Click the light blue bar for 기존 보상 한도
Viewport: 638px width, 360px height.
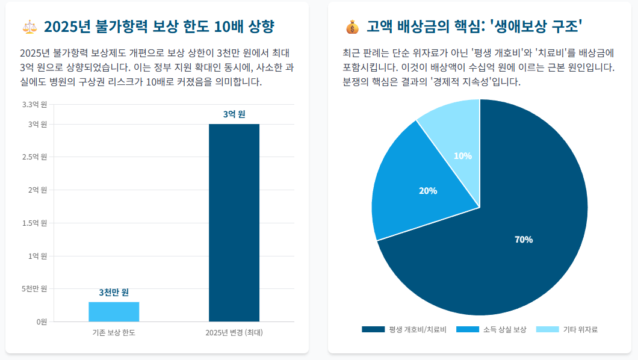click(114, 311)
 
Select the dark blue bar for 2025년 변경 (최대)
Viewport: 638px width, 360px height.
click(234, 223)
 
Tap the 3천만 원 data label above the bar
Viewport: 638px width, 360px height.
click(114, 293)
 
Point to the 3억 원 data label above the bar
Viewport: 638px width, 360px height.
click(234, 114)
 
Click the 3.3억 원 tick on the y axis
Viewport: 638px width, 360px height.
click(34, 105)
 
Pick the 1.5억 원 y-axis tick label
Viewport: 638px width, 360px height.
click(34, 223)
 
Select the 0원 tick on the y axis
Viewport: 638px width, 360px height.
click(41, 321)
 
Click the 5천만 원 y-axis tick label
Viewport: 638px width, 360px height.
click(34, 289)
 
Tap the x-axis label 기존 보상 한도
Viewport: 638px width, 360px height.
click(114, 333)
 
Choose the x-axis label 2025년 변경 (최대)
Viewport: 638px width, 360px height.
click(234, 333)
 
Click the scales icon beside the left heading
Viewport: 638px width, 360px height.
click(29, 27)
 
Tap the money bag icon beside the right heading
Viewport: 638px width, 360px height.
click(352, 27)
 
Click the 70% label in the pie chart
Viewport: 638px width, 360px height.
click(524, 240)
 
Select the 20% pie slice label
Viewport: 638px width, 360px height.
click(428, 191)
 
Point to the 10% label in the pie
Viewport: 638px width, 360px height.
click(463, 156)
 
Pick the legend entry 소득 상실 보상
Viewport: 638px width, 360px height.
click(491, 329)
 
